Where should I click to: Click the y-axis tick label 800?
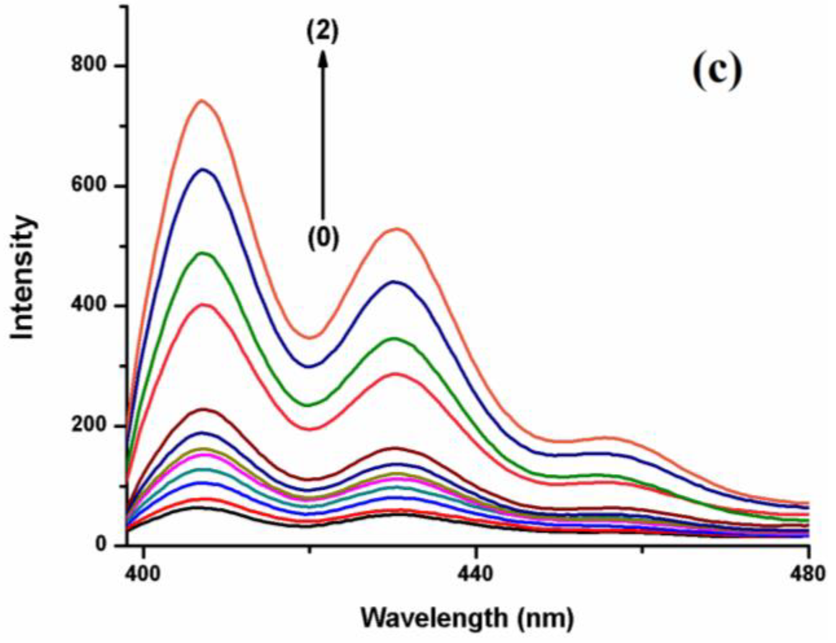(89, 65)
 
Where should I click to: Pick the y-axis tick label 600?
(89, 185)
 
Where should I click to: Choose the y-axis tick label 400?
(89, 305)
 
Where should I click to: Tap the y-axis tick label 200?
(89, 425)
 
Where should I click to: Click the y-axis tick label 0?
(100, 545)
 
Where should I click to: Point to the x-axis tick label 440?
(475, 574)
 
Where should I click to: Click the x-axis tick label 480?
(808, 574)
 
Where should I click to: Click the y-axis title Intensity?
(22, 278)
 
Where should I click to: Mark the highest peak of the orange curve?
(201, 101)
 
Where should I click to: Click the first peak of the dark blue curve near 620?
(203, 169)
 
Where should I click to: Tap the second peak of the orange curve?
(397, 229)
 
